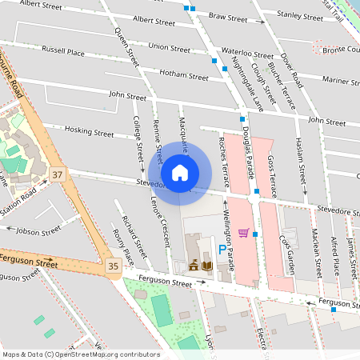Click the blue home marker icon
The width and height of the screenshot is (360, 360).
point(180,172)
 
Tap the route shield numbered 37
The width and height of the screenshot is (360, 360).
point(57,174)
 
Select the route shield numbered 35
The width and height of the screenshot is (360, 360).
point(113,265)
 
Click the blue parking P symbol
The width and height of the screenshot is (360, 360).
point(222,250)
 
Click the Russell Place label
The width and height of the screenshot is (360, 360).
point(63,52)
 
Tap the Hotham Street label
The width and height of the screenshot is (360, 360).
point(184,76)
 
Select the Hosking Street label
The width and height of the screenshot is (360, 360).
point(90,130)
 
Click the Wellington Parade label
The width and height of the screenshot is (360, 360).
point(226,238)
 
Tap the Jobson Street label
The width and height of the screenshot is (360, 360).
point(38,231)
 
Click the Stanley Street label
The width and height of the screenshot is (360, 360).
point(299,14)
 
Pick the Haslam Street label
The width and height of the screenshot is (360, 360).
point(302,161)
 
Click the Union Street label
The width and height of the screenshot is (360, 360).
point(169,47)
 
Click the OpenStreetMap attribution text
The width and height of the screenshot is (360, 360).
point(80,354)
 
